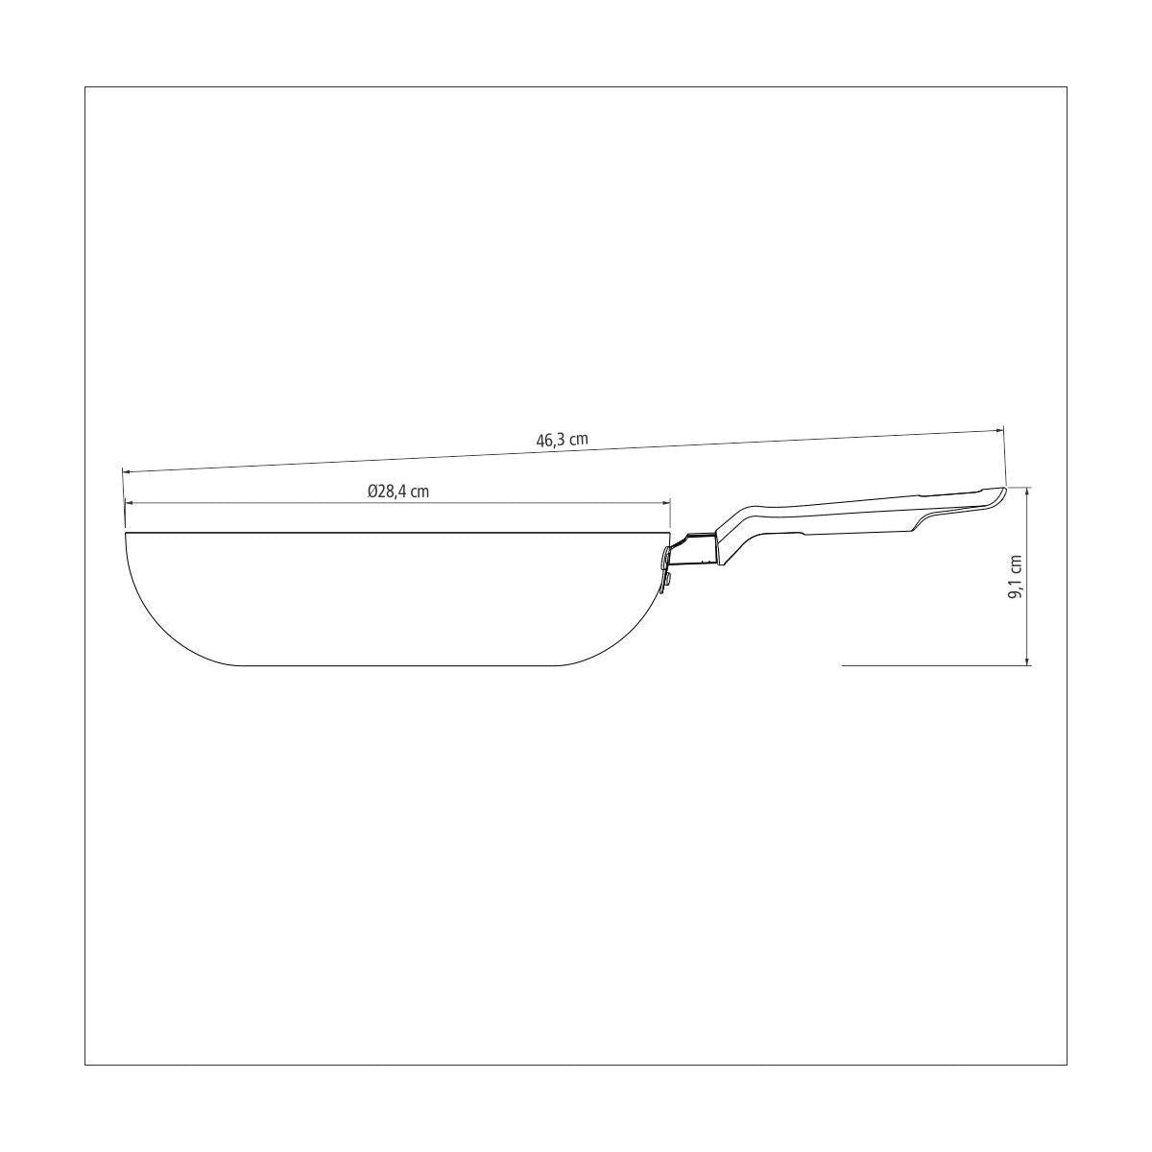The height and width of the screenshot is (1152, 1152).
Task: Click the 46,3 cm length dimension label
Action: click(x=562, y=440)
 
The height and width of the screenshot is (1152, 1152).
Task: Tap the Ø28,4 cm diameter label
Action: click(x=398, y=492)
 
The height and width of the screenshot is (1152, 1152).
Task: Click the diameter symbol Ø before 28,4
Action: click(x=372, y=492)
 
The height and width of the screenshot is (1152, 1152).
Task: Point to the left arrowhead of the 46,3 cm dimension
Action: click(x=127, y=471)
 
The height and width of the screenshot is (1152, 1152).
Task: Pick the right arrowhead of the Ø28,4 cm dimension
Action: click(x=665, y=503)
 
